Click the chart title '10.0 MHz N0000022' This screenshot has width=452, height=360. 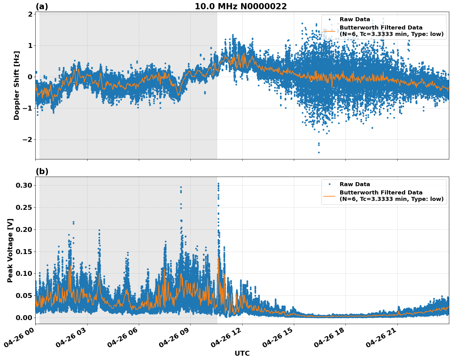[241, 6]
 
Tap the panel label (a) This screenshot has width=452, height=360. [42, 6]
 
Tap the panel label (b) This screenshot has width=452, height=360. [42, 171]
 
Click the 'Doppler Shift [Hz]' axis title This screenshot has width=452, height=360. [17, 85]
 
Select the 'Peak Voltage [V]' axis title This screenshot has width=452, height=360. [10, 250]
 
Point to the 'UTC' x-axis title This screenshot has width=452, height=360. [242, 353]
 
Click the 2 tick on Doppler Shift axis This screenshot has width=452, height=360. [30, 14]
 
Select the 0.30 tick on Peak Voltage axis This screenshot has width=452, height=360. [24, 185]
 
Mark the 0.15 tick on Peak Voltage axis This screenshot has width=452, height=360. [24, 252]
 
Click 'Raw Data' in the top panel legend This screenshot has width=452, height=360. [355, 19]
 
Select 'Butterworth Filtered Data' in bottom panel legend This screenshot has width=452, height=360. [381, 193]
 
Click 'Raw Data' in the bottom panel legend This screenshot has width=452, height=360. [355, 184]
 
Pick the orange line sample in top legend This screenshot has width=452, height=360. [329, 31]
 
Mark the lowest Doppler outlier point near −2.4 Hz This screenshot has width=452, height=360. [319, 152]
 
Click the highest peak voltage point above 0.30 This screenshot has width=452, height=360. [218, 184]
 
